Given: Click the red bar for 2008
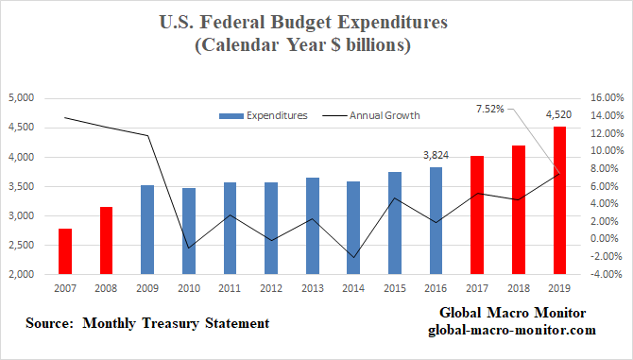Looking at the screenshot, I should [x=107, y=241].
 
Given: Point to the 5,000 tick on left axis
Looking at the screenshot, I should [x=21, y=98].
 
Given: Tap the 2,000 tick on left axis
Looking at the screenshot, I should [x=21, y=275].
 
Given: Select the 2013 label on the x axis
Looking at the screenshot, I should [x=312, y=290].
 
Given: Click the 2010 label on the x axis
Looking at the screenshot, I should [x=189, y=290].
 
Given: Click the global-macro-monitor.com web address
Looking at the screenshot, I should [x=511, y=330].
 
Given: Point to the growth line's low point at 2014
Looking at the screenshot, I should [x=353, y=257].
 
